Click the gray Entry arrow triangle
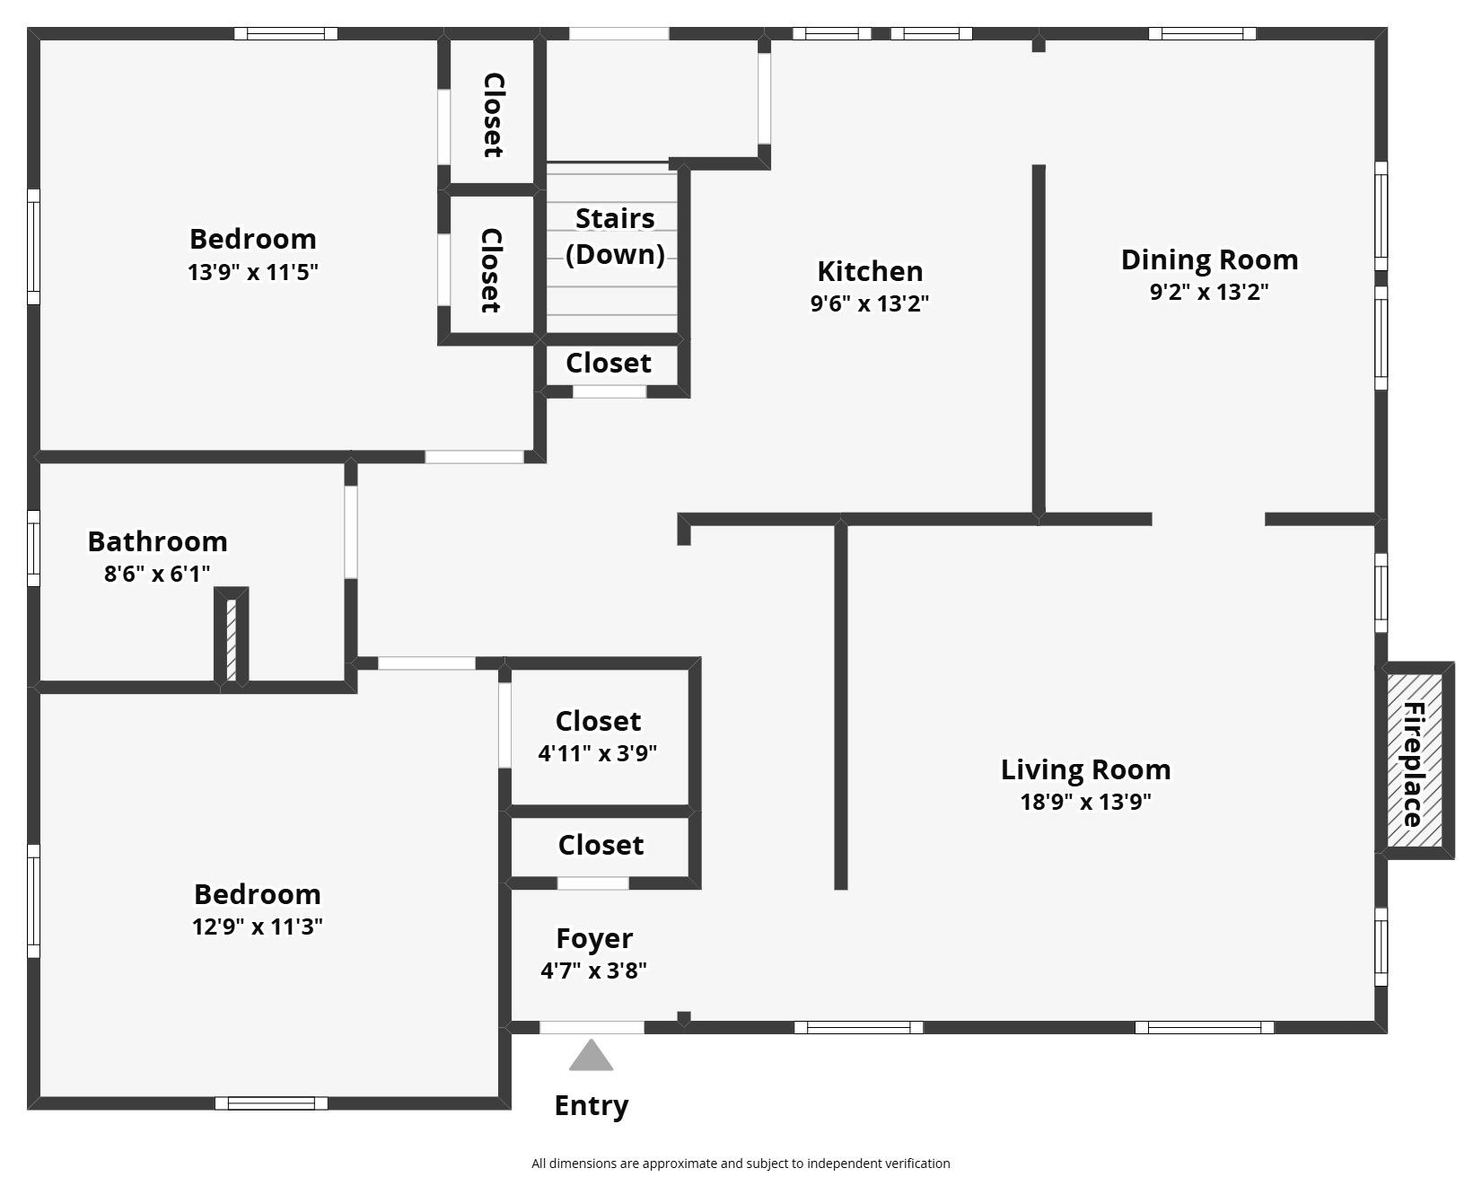(x=592, y=1056)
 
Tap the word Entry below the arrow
(x=592, y=1106)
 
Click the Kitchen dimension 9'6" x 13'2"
(x=870, y=303)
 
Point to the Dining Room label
(x=1209, y=259)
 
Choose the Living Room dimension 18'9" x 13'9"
(x=1086, y=801)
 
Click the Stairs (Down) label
(x=615, y=236)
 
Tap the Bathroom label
(x=157, y=541)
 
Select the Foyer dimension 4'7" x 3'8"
(x=594, y=971)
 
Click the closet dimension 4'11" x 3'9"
(x=598, y=752)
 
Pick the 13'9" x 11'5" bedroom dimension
(x=253, y=271)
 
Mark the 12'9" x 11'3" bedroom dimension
(x=258, y=926)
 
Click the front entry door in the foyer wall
(x=592, y=1027)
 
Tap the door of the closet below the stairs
(x=609, y=391)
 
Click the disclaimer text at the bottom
(x=741, y=1164)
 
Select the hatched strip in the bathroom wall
(x=231, y=638)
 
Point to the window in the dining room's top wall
(x=1202, y=34)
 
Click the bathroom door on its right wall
(x=351, y=532)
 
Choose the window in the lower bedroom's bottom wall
(x=271, y=1103)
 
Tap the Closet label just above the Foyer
(x=601, y=845)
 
